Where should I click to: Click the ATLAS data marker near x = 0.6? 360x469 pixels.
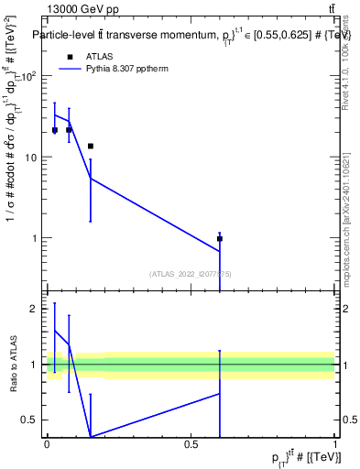pos(220,238)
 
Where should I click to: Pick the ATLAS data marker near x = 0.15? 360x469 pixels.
pos(90,146)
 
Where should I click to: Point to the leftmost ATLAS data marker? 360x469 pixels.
pos(55,130)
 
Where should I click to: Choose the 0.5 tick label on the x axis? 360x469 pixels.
pos(191,444)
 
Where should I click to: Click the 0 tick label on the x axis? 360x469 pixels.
pos(47,444)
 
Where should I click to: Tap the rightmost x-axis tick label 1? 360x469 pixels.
pos(334,444)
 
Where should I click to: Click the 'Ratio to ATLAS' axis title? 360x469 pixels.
pos(15,365)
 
